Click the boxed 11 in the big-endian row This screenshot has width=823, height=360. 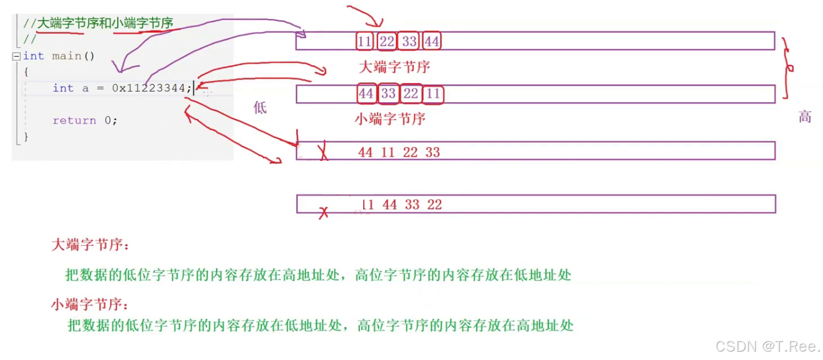(x=364, y=41)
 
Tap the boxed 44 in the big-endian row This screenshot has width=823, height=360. (x=432, y=41)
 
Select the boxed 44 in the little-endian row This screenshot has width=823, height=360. (x=366, y=94)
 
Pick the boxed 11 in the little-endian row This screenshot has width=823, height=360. (x=433, y=94)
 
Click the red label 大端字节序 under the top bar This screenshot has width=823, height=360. (x=394, y=66)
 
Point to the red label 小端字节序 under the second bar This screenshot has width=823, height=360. (x=390, y=118)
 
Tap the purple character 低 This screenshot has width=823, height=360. (x=260, y=108)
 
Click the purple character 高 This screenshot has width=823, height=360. (x=805, y=117)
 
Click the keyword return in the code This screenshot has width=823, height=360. (x=74, y=120)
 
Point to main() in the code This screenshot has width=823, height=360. (x=74, y=56)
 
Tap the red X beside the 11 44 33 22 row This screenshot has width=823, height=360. (x=324, y=212)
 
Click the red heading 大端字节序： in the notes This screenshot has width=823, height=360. (x=90, y=245)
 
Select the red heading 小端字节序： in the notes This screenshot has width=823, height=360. (x=90, y=305)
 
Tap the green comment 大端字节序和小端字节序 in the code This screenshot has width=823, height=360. (x=105, y=23)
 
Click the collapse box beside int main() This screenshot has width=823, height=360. (x=16, y=56)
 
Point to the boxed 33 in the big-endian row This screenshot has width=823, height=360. (x=409, y=41)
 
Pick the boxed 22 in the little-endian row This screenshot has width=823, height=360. (x=411, y=94)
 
